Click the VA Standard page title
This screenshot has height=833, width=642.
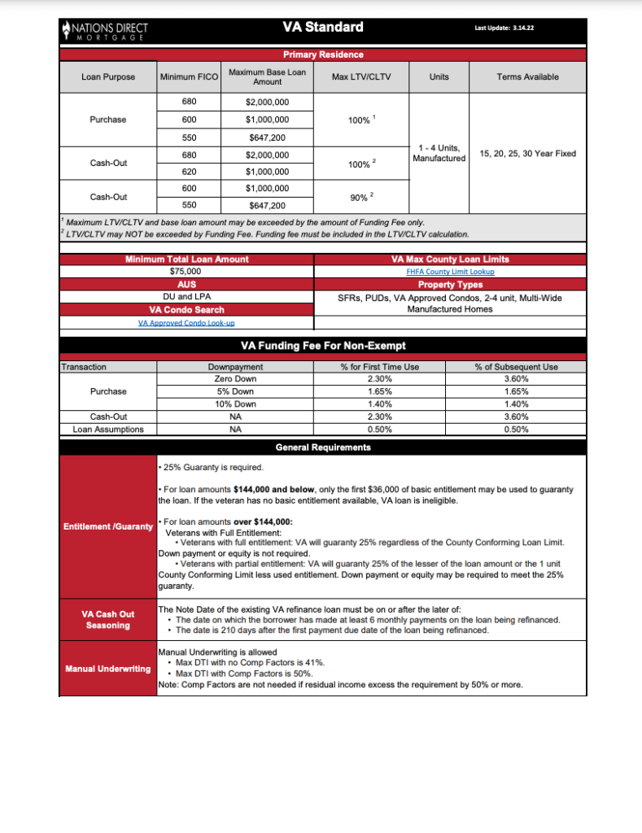(323, 28)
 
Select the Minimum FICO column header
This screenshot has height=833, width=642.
(187, 77)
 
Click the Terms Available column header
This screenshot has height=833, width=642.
(527, 77)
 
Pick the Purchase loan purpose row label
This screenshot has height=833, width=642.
(108, 120)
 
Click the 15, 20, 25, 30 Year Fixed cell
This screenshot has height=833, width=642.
(527, 154)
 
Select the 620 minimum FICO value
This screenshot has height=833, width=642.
(188, 171)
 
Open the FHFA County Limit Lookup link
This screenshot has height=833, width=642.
(450, 272)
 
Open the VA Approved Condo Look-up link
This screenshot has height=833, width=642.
(186, 323)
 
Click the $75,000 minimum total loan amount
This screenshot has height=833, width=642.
(186, 272)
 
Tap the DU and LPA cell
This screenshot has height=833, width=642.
(186, 298)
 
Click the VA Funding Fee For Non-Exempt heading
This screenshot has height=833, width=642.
(323, 345)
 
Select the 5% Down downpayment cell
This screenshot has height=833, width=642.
(235, 391)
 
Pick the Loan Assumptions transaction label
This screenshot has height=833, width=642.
(108, 430)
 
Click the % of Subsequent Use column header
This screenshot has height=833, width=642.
(516, 367)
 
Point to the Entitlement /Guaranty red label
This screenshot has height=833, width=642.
(108, 527)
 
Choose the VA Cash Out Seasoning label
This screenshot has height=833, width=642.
(108, 620)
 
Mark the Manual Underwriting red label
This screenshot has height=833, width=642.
(108, 669)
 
